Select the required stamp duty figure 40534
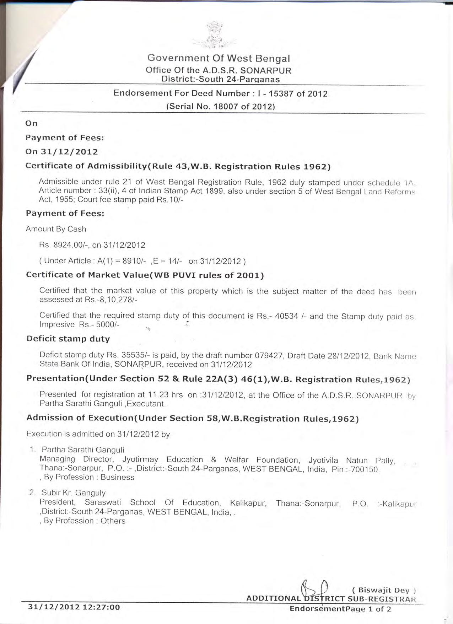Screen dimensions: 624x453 click(x=286, y=316)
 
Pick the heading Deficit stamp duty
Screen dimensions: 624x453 click(x=68, y=339)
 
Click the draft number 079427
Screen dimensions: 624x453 click(x=269, y=355)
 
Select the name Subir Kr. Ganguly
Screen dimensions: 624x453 click(x=74, y=493)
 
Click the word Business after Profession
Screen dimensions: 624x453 click(x=117, y=477)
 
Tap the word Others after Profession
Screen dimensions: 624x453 click(x=113, y=521)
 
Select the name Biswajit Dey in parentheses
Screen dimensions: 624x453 click(x=384, y=590)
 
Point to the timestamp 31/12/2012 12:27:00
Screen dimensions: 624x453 click(x=74, y=607)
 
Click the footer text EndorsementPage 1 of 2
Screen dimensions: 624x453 click(x=340, y=609)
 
